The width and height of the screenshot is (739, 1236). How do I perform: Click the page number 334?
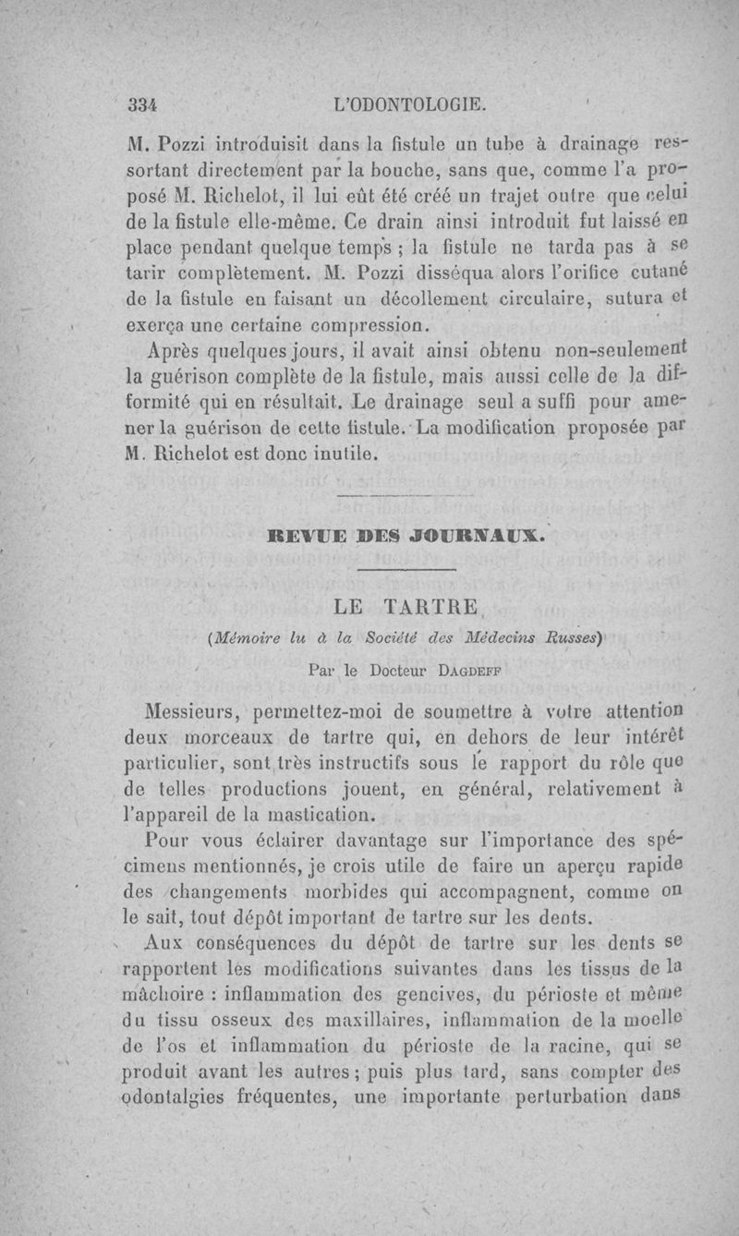click(145, 103)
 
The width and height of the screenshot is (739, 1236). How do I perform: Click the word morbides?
click(381, 894)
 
